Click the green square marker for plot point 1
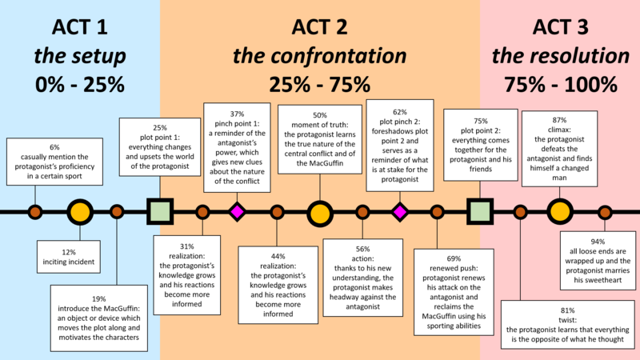[x=160, y=212]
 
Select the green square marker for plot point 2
[x=479, y=212]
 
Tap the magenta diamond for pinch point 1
[x=237, y=212]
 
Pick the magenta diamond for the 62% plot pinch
[x=400, y=212]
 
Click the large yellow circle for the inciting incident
[x=78, y=212]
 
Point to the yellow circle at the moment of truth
[x=319, y=212]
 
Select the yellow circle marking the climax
[x=559, y=212]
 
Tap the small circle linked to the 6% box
[x=35, y=212]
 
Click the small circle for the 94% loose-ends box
[x=605, y=212]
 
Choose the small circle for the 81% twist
[x=521, y=212]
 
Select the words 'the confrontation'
[x=318, y=57]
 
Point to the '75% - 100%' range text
[x=560, y=83]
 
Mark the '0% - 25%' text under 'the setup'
[x=78, y=83]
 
